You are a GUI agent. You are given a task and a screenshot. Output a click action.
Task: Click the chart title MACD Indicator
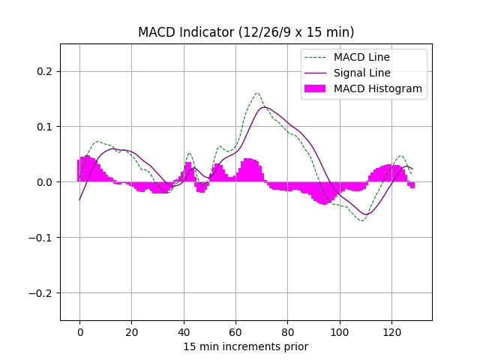pos(246,32)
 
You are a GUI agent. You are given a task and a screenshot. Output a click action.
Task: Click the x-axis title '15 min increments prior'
pos(246,346)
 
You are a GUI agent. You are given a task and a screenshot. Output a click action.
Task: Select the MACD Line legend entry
pos(361,57)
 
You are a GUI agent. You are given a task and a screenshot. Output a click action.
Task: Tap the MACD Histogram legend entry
pos(377,88)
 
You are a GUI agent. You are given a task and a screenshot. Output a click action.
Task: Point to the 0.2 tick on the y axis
pos(46,71)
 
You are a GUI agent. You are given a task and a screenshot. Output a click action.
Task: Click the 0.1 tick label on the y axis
pos(46,127)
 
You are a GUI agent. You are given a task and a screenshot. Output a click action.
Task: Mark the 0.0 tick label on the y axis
pos(46,182)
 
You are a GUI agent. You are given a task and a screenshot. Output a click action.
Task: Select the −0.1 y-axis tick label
pos(43,238)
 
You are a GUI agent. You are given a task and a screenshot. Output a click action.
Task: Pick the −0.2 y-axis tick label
pos(43,293)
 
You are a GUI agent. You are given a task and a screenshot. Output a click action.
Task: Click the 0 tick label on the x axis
pos(79,331)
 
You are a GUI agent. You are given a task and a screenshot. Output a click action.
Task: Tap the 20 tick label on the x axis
pos(131,331)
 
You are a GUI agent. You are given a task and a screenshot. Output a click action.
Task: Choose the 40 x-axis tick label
pos(184,331)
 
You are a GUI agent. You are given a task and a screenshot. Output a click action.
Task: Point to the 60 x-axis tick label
pos(235,331)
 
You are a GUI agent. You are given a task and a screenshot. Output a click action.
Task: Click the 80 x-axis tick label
pos(287,331)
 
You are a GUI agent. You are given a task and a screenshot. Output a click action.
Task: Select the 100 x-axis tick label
pos(340,331)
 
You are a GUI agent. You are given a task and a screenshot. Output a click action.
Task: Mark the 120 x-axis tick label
pos(391,331)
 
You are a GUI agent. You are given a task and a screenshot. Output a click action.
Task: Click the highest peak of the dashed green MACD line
pos(257,93)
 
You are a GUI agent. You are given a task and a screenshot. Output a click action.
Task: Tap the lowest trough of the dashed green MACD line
pos(361,220)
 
